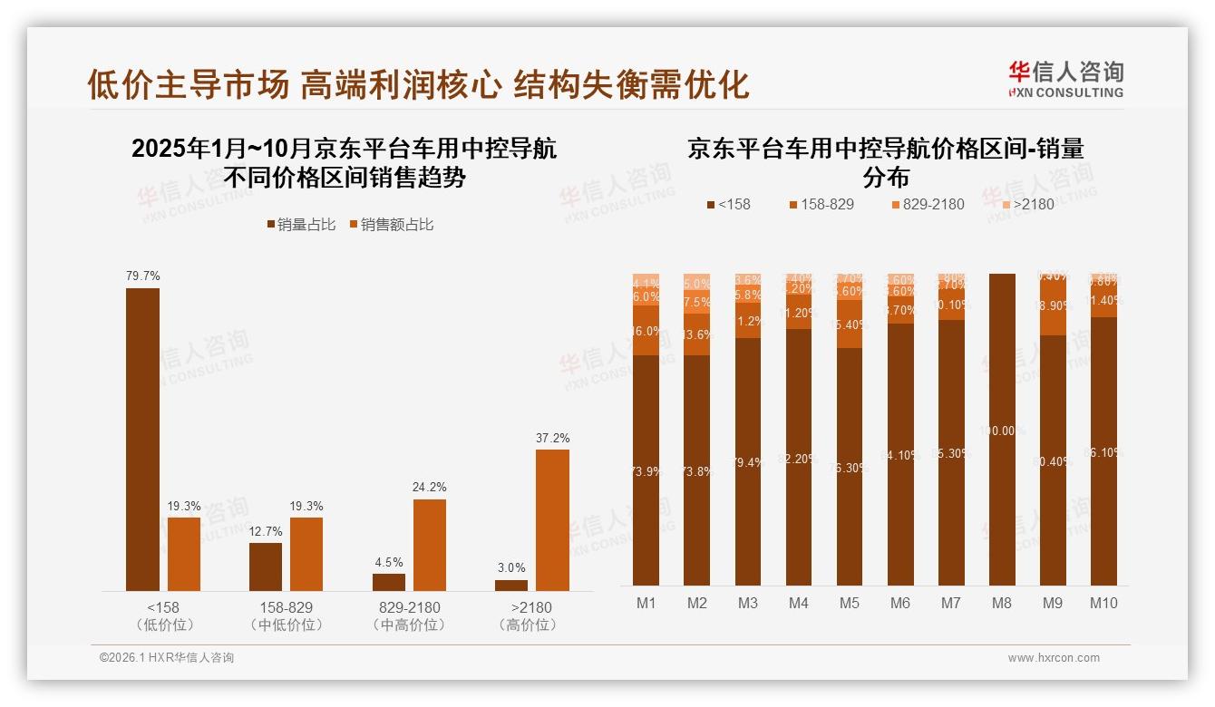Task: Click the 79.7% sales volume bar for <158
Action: pos(142,440)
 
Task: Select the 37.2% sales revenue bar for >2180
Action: pos(552,520)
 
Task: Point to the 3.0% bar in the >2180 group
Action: pos(511,586)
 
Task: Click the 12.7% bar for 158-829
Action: pos(266,567)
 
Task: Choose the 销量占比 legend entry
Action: pos(300,224)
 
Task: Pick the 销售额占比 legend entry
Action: pos(391,224)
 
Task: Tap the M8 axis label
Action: pos(1001,603)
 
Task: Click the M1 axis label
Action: pos(646,603)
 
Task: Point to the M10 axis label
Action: pos(1103,603)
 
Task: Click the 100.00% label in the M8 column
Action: pos(1001,431)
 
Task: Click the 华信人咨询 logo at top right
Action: pos(1065,79)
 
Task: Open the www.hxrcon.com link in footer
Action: pos(1054,658)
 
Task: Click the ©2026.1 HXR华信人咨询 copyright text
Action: pos(167,658)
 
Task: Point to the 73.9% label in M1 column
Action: pos(646,471)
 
